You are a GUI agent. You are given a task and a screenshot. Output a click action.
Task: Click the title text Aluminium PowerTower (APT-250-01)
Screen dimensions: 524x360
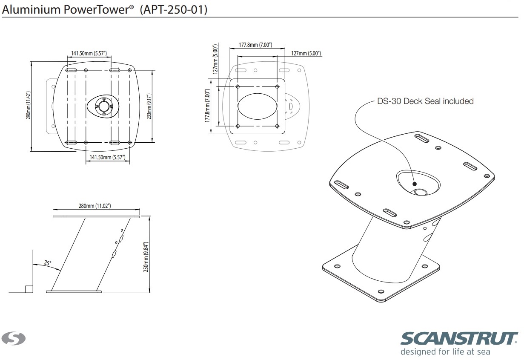coord(105,10)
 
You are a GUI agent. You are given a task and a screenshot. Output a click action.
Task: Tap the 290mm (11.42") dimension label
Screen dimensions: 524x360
coord(28,105)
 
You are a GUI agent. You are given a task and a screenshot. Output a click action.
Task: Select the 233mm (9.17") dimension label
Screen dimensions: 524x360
coord(149,106)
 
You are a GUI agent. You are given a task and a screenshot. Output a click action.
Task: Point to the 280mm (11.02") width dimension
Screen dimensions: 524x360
coord(95,206)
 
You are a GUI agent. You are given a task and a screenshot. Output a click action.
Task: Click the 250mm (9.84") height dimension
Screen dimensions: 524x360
coord(146,257)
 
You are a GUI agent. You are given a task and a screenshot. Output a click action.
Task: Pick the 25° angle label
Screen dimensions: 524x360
coord(48,263)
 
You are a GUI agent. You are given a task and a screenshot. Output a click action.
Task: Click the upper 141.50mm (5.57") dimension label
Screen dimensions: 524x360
coord(89,53)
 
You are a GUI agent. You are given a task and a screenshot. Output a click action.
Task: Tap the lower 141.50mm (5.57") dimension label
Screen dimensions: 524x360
coord(107,157)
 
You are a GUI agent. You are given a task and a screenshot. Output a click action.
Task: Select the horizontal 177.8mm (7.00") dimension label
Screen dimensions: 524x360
coord(255,45)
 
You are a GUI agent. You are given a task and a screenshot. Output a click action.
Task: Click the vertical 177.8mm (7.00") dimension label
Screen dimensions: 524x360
coord(207,106)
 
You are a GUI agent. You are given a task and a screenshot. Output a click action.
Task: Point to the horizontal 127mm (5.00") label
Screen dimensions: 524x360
coord(306,53)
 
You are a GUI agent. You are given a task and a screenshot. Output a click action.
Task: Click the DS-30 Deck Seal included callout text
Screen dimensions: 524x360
coord(425,101)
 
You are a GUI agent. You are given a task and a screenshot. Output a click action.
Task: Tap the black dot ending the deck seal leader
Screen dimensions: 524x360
coord(415,184)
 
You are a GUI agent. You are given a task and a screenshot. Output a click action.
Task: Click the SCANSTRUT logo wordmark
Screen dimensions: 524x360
coord(459,338)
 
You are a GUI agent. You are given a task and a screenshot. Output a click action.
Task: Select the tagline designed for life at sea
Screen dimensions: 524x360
coord(445,352)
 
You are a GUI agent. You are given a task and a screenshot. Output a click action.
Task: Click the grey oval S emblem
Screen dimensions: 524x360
coord(13,338)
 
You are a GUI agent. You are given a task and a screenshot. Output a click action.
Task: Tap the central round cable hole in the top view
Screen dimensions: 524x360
coord(103,106)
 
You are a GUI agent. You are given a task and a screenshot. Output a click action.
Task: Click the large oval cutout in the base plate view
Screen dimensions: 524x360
coord(258,106)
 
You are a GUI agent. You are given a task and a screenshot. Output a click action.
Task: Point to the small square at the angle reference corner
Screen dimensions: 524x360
coord(29,289)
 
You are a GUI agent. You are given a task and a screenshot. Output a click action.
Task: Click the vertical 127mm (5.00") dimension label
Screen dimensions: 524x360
coord(215,59)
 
